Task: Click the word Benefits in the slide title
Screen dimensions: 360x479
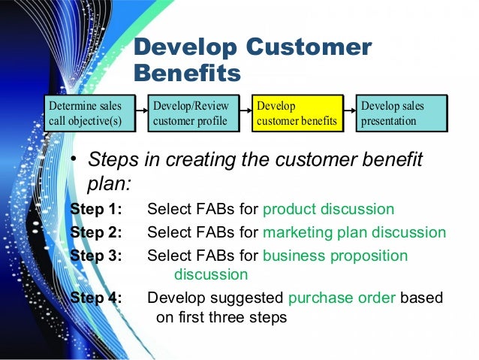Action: coord(187,74)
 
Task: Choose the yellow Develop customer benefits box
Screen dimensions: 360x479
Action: coord(297,113)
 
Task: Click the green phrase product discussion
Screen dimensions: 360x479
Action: coord(328,209)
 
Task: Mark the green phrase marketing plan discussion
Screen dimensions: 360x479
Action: coord(354,232)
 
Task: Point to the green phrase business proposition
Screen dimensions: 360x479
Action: coord(335,256)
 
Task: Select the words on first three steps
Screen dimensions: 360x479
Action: coord(221,317)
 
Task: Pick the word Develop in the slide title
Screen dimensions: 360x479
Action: coord(183,48)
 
